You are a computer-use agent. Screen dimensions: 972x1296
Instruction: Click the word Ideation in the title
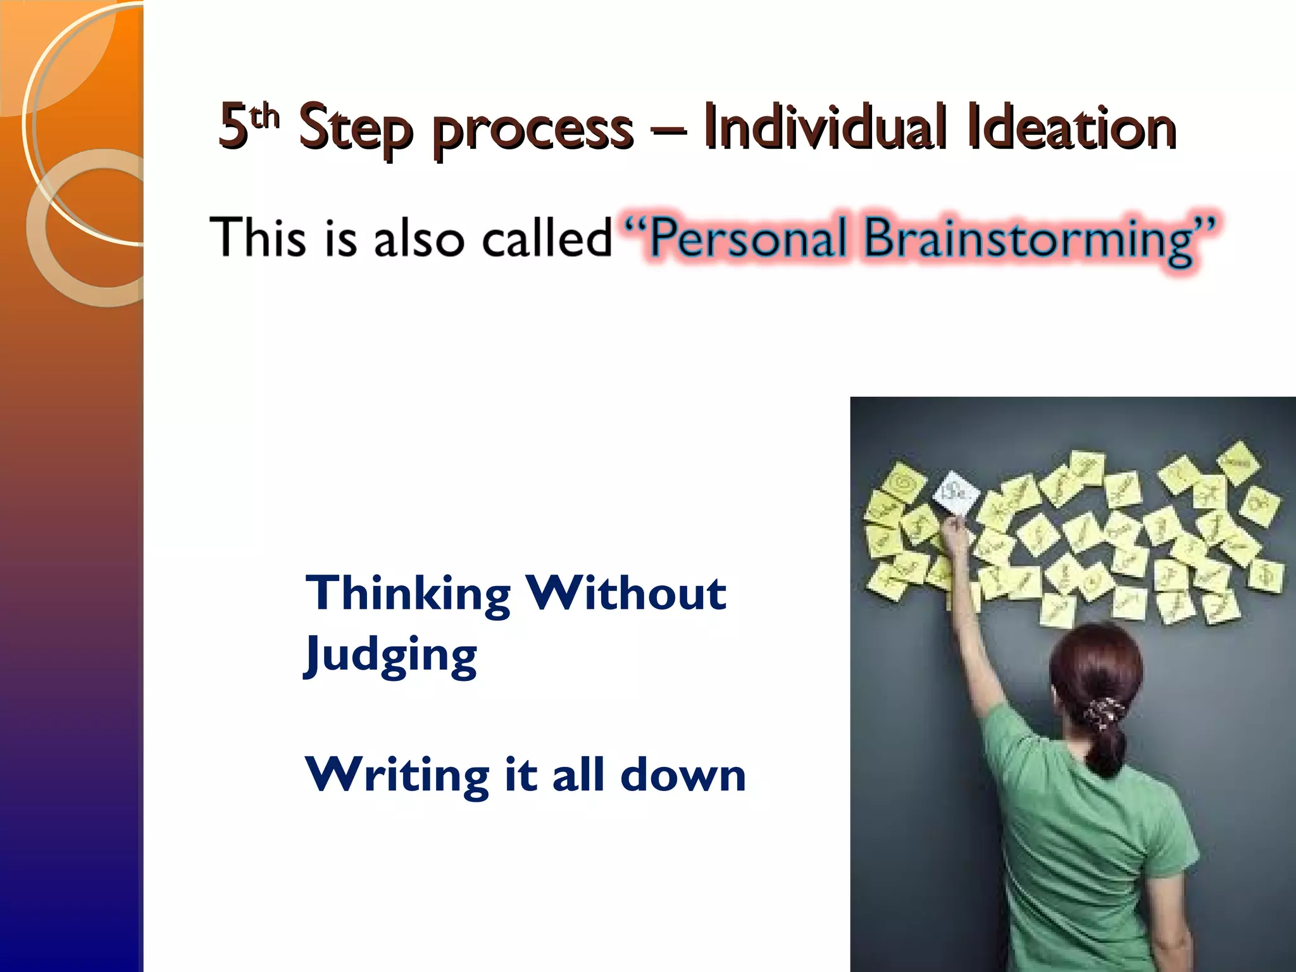pos(1071,128)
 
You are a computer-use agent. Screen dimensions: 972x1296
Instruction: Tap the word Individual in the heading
pos(825,128)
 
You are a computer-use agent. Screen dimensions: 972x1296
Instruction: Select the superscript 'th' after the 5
pos(265,116)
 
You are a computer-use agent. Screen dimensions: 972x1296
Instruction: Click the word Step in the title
pos(355,130)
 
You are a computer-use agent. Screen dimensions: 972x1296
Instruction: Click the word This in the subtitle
pos(258,237)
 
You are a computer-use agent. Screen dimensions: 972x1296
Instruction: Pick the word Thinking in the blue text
pos(408,595)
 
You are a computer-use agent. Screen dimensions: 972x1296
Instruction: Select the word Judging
pos(390,656)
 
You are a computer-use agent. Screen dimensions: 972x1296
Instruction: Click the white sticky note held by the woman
pos(956,492)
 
